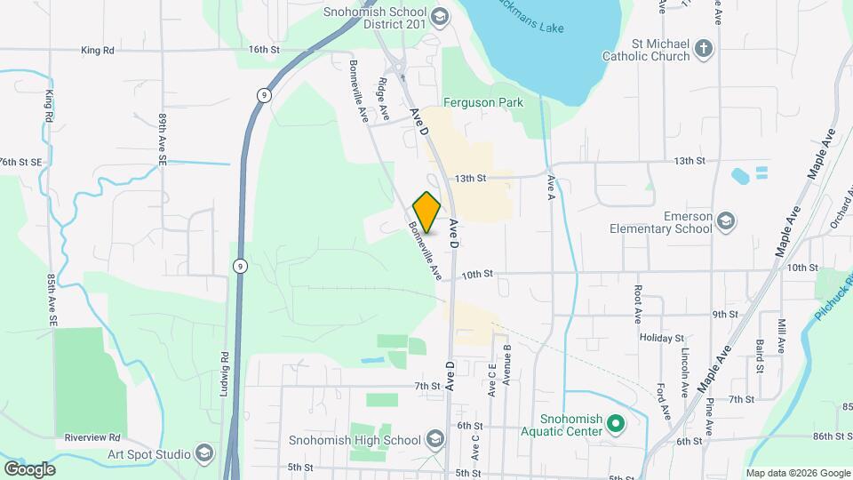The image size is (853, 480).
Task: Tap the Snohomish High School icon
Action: [435, 440]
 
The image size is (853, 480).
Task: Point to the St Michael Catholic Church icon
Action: [705, 49]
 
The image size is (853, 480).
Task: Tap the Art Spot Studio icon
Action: [205, 454]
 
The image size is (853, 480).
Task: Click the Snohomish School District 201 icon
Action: [439, 17]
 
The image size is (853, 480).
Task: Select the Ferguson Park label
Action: [483, 103]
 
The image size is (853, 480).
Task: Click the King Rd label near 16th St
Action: [98, 51]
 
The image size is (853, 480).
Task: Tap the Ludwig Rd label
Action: [225, 380]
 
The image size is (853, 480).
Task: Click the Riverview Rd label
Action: [92, 437]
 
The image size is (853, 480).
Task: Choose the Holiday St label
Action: [661, 339]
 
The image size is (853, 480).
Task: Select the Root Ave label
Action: [638, 304]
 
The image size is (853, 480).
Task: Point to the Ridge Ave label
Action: [384, 100]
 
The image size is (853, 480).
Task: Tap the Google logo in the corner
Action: [29, 469]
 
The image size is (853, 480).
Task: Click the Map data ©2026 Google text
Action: [796, 473]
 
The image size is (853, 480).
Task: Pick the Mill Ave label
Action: [782, 336]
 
